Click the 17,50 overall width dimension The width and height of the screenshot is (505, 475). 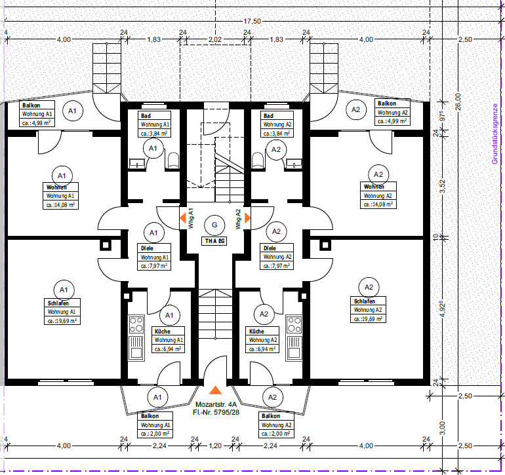coord(253,21)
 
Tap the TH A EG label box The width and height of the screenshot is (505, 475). coord(214,241)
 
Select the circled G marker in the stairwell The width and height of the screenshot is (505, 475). coord(214,225)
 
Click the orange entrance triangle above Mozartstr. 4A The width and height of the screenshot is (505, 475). coord(216,390)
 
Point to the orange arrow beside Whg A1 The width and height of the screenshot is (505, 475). coord(182,218)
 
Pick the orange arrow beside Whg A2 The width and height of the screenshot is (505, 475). coord(248,218)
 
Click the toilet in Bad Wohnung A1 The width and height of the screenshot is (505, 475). coord(173,161)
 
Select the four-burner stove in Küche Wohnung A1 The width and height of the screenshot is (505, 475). coord(136,324)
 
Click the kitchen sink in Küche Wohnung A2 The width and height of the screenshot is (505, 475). coord(294,348)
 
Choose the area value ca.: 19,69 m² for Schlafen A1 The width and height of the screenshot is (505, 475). coord(62,320)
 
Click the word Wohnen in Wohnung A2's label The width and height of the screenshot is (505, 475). coord(374,186)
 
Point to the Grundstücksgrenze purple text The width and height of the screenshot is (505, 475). coord(495,134)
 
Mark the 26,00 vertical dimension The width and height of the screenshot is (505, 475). coord(458,102)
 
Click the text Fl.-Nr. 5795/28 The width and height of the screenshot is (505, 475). coord(216,412)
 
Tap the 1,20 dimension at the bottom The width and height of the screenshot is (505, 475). coord(215,446)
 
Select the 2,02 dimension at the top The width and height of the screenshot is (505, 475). coord(215,39)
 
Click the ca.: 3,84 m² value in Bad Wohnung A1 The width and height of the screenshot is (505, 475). coord(154,133)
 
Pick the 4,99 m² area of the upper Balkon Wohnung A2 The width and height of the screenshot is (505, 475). coord(392,121)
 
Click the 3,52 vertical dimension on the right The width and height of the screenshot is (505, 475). coord(443,186)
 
